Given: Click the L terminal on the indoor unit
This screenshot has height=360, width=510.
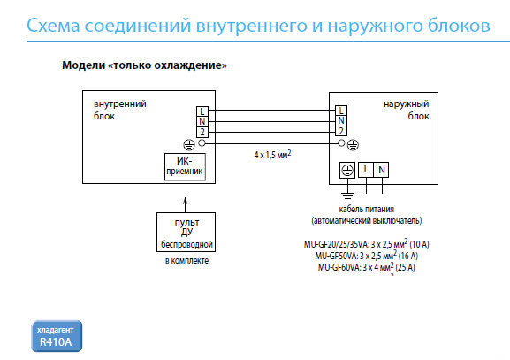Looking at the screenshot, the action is coord(202,111).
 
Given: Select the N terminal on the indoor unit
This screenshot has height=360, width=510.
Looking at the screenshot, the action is coord(202,122).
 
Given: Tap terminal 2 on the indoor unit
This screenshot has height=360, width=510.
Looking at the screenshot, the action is coord(202,132).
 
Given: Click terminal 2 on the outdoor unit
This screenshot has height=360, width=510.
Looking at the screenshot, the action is coord(341,131).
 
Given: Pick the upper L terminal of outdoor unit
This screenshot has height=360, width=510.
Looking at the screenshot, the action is coord(341,111).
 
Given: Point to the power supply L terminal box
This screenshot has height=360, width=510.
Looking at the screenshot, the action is coord(366,170).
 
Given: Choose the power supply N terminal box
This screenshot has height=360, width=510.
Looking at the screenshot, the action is coord(381,170).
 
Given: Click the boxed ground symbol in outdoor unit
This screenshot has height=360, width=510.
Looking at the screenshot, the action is coord(347,170).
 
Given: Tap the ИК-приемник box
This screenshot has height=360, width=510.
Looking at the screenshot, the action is coord(185,166).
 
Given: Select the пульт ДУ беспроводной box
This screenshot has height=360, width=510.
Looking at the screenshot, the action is coord(186,232).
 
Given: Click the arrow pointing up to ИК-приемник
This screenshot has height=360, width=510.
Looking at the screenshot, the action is coord(186,204).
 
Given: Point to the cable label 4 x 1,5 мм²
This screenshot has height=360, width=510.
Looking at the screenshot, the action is coord(272,154).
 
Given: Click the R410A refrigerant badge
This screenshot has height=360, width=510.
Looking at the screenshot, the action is coord(57,336).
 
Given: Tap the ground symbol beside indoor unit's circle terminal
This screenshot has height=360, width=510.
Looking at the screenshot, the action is coord(189,145).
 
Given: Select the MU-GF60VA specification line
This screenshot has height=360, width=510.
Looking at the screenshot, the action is coord(367,267).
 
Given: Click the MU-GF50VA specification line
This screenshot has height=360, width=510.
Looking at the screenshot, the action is coord(367,256).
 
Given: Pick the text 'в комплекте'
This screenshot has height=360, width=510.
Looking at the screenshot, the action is coord(186,261).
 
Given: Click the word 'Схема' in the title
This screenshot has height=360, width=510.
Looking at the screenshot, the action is coord(53,26).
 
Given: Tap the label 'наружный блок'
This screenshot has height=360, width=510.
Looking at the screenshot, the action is coord(407,110).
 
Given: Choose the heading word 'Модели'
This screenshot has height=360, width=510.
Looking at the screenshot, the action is coord(84,65).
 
